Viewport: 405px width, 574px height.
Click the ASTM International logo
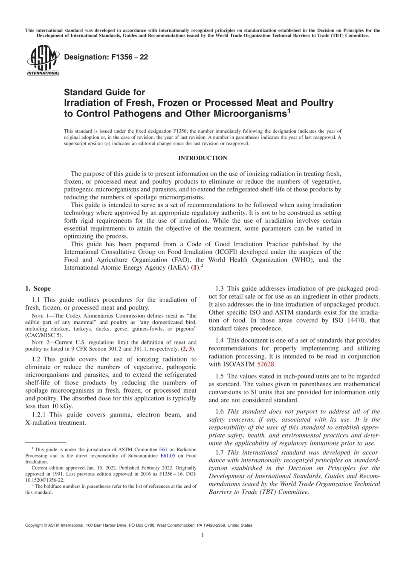(x=43, y=61)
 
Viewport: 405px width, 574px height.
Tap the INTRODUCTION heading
(x=202, y=158)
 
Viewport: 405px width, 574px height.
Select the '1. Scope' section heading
(x=38, y=288)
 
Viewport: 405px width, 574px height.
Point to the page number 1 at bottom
(x=202, y=535)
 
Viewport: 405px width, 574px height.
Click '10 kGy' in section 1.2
(x=62, y=406)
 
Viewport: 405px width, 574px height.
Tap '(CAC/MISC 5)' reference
(x=44, y=335)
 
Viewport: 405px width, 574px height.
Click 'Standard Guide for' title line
(x=104, y=92)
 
